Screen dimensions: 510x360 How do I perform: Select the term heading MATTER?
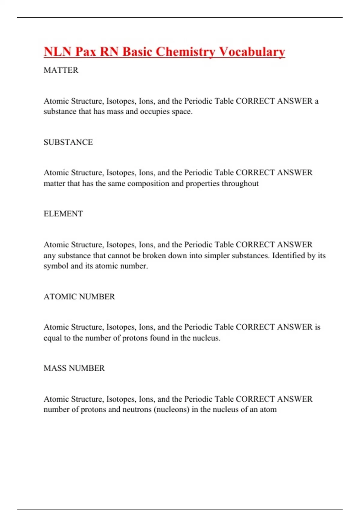click(x=61, y=70)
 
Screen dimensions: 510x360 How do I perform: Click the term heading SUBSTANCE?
click(x=68, y=142)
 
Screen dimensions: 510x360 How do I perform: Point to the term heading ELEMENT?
click(x=63, y=214)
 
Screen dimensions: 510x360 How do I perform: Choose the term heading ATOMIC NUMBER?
click(x=79, y=297)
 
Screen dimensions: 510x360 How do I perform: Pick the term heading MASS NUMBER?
click(x=74, y=368)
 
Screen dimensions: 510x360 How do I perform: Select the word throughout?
click(x=240, y=184)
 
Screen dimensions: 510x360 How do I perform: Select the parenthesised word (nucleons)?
click(x=171, y=409)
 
